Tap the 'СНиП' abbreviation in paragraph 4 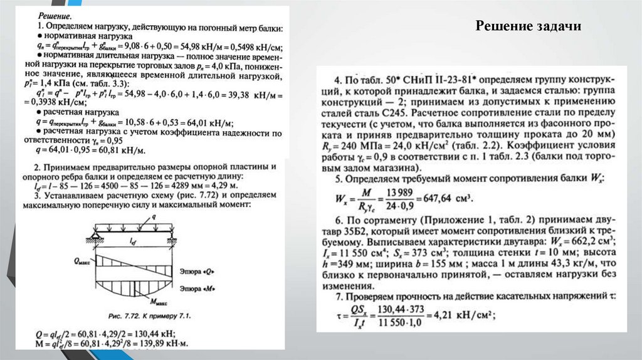click(x=411, y=81)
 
